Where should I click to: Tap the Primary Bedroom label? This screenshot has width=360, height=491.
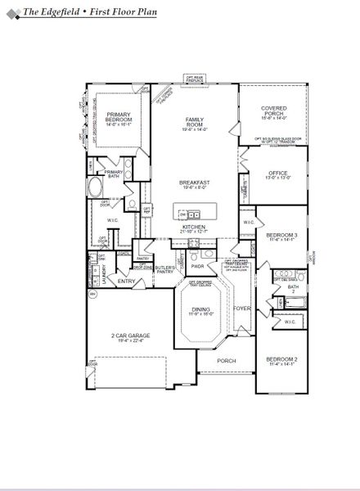(119, 119)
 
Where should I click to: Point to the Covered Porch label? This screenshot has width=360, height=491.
(273, 113)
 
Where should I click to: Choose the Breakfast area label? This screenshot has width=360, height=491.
(195, 184)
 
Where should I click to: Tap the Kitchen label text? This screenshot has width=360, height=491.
(195, 228)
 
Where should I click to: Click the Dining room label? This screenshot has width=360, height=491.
(200, 310)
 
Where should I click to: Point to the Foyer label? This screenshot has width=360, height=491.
(241, 309)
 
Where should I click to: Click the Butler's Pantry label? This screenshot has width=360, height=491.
(166, 268)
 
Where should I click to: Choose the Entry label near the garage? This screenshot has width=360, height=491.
(127, 282)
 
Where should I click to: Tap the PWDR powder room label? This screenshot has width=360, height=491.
(197, 266)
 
